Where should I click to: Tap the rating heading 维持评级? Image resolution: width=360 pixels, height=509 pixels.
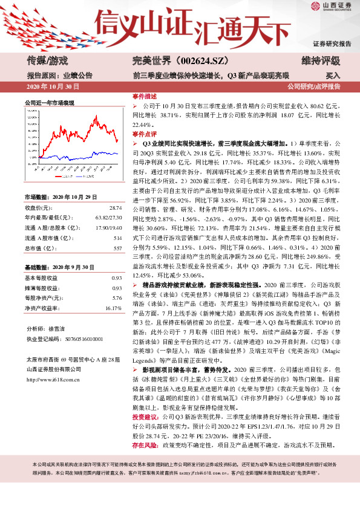coord(320,60)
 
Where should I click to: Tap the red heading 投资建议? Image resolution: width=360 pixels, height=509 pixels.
coord(145,433)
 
